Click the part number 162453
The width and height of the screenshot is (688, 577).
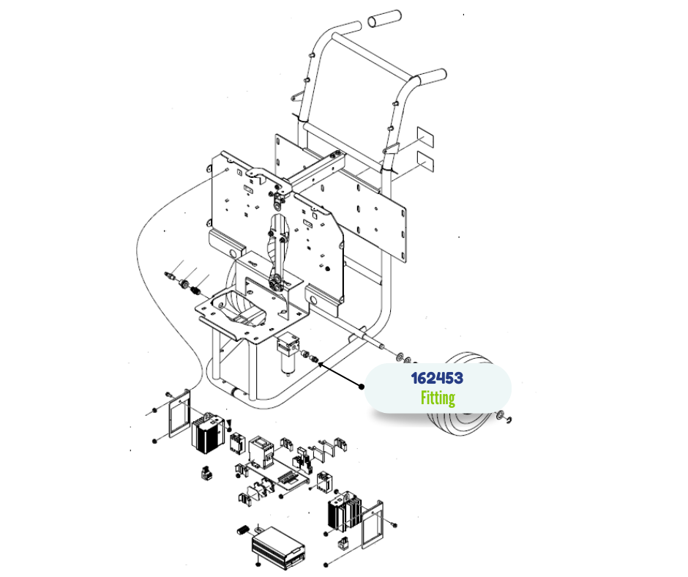(437, 378)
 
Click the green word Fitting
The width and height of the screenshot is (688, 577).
(438, 398)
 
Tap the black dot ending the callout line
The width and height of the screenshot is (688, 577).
(361, 387)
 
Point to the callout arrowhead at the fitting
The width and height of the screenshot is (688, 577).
(321, 364)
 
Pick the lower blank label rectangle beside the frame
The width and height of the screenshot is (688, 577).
(425, 161)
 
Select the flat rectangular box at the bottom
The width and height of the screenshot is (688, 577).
(279, 548)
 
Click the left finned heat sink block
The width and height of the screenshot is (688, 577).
(208, 433)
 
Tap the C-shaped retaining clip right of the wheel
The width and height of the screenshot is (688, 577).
(509, 421)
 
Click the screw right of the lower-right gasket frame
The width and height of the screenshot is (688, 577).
(394, 524)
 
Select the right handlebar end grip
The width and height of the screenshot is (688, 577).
(432, 77)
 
